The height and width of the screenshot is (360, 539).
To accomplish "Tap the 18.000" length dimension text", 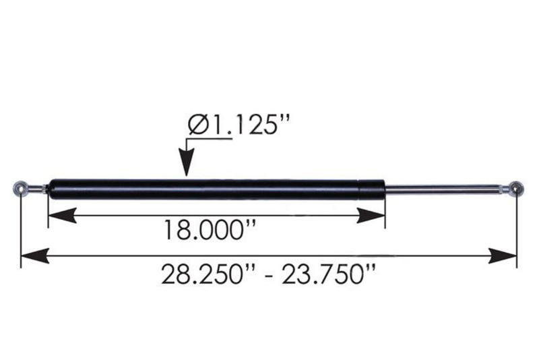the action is coord(210,231).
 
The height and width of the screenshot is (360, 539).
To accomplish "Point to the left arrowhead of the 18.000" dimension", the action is coord(62,216).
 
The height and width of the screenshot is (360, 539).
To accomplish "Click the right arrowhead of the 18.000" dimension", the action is coord(371,216).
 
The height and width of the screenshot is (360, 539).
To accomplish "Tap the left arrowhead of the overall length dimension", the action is coord(35,256).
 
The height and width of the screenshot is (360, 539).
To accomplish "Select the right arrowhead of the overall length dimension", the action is coord(503,256).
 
